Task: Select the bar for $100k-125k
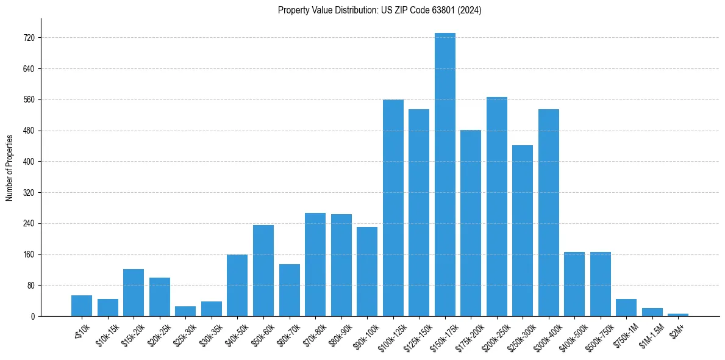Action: pyautogui.click(x=393, y=207)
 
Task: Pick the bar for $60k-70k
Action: pyautogui.click(x=289, y=290)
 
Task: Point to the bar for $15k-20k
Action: pyautogui.click(x=134, y=292)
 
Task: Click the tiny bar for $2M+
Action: pyautogui.click(x=678, y=315)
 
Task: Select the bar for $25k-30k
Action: pyautogui.click(x=185, y=311)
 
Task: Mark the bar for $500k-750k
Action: pyautogui.click(x=600, y=284)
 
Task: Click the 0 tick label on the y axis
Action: pyautogui.click(x=34, y=317)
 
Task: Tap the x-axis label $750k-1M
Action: pyautogui.click(x=626, y=336)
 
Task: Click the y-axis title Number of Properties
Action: pyautogui.click(x=10, y=167)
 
